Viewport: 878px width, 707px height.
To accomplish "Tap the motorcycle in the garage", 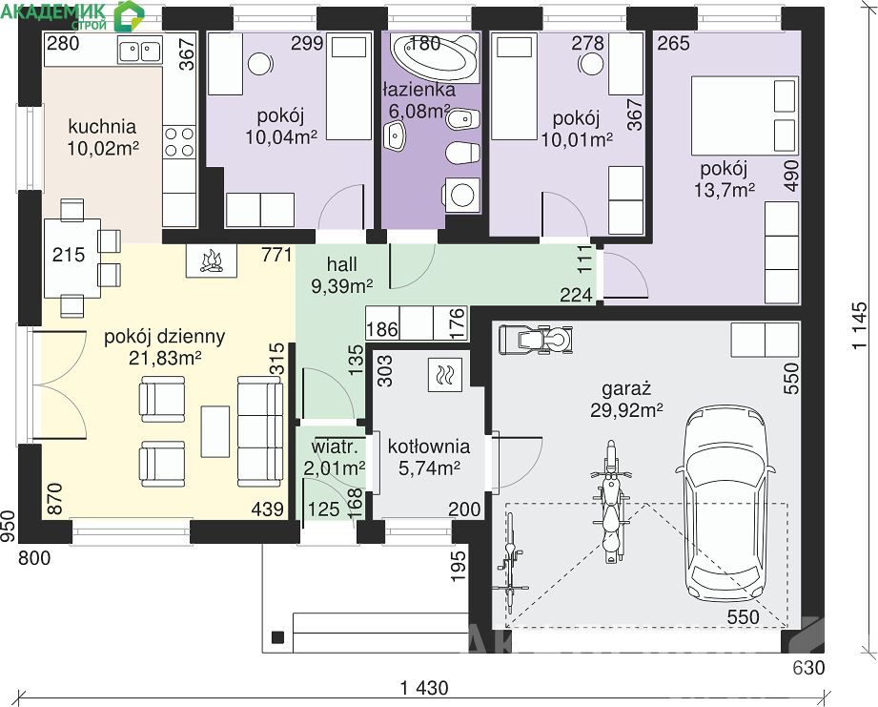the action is [610, 502].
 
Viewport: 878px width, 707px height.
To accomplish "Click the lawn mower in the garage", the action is [536, 340].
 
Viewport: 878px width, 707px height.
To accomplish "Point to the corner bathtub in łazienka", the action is [435, 56].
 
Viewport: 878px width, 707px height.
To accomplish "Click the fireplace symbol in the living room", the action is [211, 260].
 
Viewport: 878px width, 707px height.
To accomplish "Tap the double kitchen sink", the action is [139, 50].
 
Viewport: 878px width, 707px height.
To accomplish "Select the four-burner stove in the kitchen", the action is [179, 142].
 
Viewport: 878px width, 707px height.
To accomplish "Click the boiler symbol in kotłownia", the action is [444, 375].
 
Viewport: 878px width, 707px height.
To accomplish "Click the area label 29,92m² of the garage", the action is [626, 410].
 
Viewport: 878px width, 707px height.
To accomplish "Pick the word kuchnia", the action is [102, 127].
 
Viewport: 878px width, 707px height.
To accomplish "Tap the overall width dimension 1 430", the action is [424, 687].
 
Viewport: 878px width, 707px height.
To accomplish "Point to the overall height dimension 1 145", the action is [860, 326].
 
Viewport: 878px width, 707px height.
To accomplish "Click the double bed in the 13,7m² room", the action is [744, 115].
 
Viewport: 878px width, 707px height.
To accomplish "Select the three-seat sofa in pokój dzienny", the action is [260, 431].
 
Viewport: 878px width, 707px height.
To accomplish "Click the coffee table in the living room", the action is [215, 431].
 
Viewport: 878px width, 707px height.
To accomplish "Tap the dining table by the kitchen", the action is [72, 259].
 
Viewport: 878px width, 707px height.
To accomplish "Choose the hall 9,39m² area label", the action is [342, 275].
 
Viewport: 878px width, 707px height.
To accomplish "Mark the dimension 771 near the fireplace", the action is [276, 255].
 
